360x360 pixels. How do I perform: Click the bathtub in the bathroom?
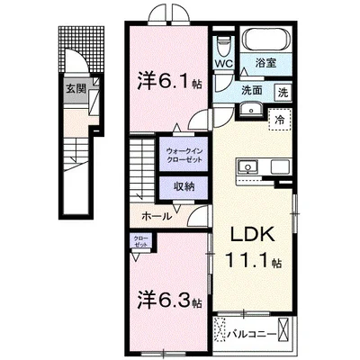click(265, 40)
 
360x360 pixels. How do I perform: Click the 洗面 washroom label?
click(249, 91)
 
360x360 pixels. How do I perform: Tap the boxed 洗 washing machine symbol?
click(283, 91)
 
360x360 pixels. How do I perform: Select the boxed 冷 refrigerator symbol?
click(281, 120)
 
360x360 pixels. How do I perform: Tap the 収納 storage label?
click(184, 187)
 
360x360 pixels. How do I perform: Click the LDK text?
click(252, 232)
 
